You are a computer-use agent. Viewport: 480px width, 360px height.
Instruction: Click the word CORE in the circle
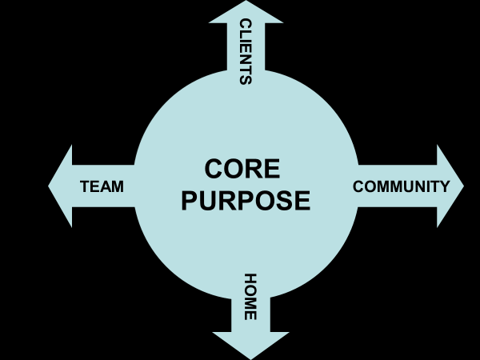242,170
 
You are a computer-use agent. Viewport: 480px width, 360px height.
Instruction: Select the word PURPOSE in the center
246,200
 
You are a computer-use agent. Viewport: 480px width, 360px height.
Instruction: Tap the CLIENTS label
246,51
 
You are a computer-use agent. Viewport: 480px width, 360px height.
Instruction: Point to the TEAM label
102,186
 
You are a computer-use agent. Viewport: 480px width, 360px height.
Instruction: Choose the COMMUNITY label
402,186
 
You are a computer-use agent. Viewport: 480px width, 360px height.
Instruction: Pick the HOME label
250,297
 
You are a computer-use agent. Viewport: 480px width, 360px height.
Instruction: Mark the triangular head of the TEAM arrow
61,186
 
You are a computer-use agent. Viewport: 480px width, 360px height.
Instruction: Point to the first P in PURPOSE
190,200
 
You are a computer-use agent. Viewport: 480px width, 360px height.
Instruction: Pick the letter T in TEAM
86,186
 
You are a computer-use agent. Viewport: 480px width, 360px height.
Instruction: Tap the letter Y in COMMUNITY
445,186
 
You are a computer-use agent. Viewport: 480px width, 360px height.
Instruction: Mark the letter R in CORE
256,170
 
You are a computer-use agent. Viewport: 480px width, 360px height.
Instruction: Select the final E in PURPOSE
301,200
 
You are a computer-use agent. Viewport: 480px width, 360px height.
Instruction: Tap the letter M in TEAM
117,186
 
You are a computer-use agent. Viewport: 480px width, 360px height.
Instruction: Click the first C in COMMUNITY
358,186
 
